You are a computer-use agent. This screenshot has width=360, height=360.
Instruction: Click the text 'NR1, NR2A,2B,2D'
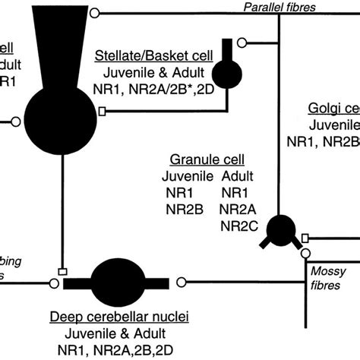(119, 349)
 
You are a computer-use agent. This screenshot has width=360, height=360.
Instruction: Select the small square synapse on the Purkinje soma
(103, 111)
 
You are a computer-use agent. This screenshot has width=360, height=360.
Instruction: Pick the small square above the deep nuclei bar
(60, 270)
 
